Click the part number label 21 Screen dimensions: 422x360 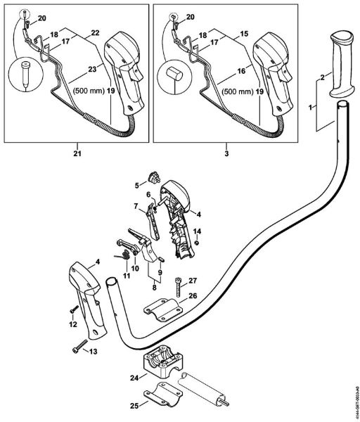point(75,150)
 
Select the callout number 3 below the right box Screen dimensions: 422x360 point(227,150)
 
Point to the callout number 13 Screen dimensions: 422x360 point(93,351)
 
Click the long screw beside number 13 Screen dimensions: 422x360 point(78,347)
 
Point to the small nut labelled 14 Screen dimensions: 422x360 point(198,243)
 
